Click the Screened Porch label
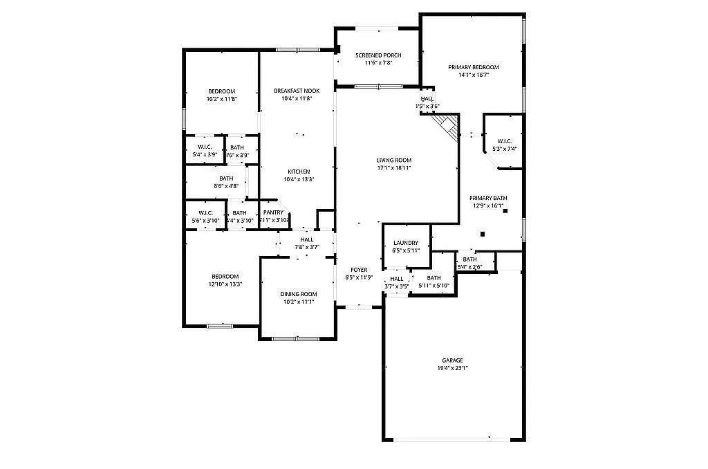click(x=378, y=55)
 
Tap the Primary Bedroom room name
click(x=473, y=67)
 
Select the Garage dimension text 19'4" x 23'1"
click(x=453, y=368)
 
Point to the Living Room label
click(x=394, y=160)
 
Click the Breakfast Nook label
click(x=297, y=91)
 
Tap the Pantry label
click(x=273, y=212)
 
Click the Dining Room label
click(x=298, y=294)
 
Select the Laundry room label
click(x=405, y=243)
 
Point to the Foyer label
click(x=359, y=270)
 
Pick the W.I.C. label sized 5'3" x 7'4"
click(x=503, y=141)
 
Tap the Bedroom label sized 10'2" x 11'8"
click(x=221, y=91)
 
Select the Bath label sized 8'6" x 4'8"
click(x=226, y=178)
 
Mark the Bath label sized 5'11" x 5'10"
click(x=434, y=277)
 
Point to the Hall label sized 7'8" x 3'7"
click(x=306, y=239)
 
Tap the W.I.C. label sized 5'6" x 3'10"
click(x=205, y=212)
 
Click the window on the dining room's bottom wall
click(x=290, y=338)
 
